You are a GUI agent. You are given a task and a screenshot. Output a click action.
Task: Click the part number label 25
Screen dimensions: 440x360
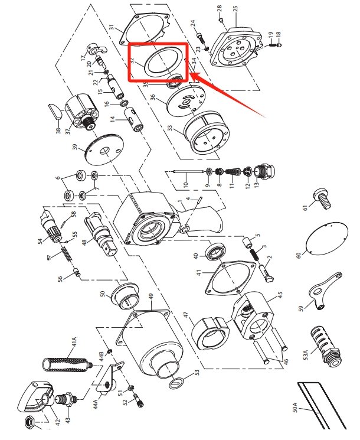[x=235, y=9]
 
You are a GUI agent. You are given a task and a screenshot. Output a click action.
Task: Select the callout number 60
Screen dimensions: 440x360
[x=299, y=255]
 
